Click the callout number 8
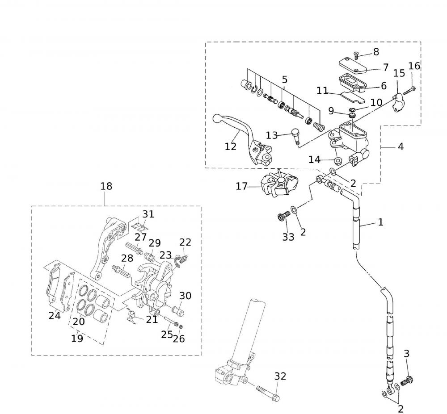coord(376,52)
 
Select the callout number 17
coord(242,186)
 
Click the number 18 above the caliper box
coord(106,186)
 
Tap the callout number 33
coord(288,237)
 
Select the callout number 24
coord(55,316)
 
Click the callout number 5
coord(284,80)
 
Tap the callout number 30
coord(186,295)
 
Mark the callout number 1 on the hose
coord(380,222)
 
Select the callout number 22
coord(185,242)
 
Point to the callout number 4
coord(401,146)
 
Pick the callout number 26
coord(179,339)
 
